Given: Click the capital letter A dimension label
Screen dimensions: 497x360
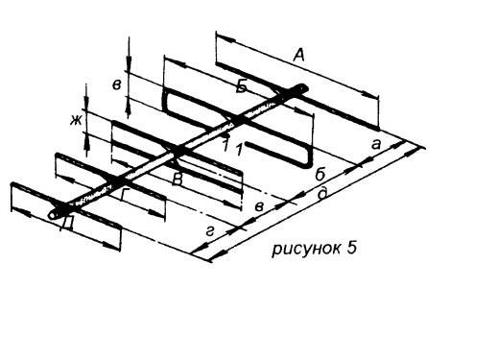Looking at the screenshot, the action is coord(298,55).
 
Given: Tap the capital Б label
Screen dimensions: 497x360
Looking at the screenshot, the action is coord(242,86).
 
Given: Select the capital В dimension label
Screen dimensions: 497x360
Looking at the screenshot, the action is coord(177,180).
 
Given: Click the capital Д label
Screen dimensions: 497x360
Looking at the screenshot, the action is coord(67,223).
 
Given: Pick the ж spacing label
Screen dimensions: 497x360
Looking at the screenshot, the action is coord(76,121).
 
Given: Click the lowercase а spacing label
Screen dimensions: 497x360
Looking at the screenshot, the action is coord(376,145).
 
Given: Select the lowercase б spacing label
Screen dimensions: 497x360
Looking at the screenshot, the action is coord(320,175).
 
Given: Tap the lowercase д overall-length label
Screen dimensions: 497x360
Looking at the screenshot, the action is coord(323,193).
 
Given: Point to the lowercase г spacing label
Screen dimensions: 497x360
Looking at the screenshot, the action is coord(209,231).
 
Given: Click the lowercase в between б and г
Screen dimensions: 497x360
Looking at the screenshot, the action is coord(259,206).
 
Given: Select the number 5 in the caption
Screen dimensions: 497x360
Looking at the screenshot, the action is coord(351,248).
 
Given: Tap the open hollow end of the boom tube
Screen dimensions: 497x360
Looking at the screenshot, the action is coord(53,215).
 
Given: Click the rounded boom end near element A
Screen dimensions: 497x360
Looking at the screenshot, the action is coord(301,87).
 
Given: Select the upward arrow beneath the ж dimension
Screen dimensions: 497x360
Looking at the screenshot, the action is coord(86,141).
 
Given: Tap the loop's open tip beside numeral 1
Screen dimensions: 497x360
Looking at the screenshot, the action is coord(248,145).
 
